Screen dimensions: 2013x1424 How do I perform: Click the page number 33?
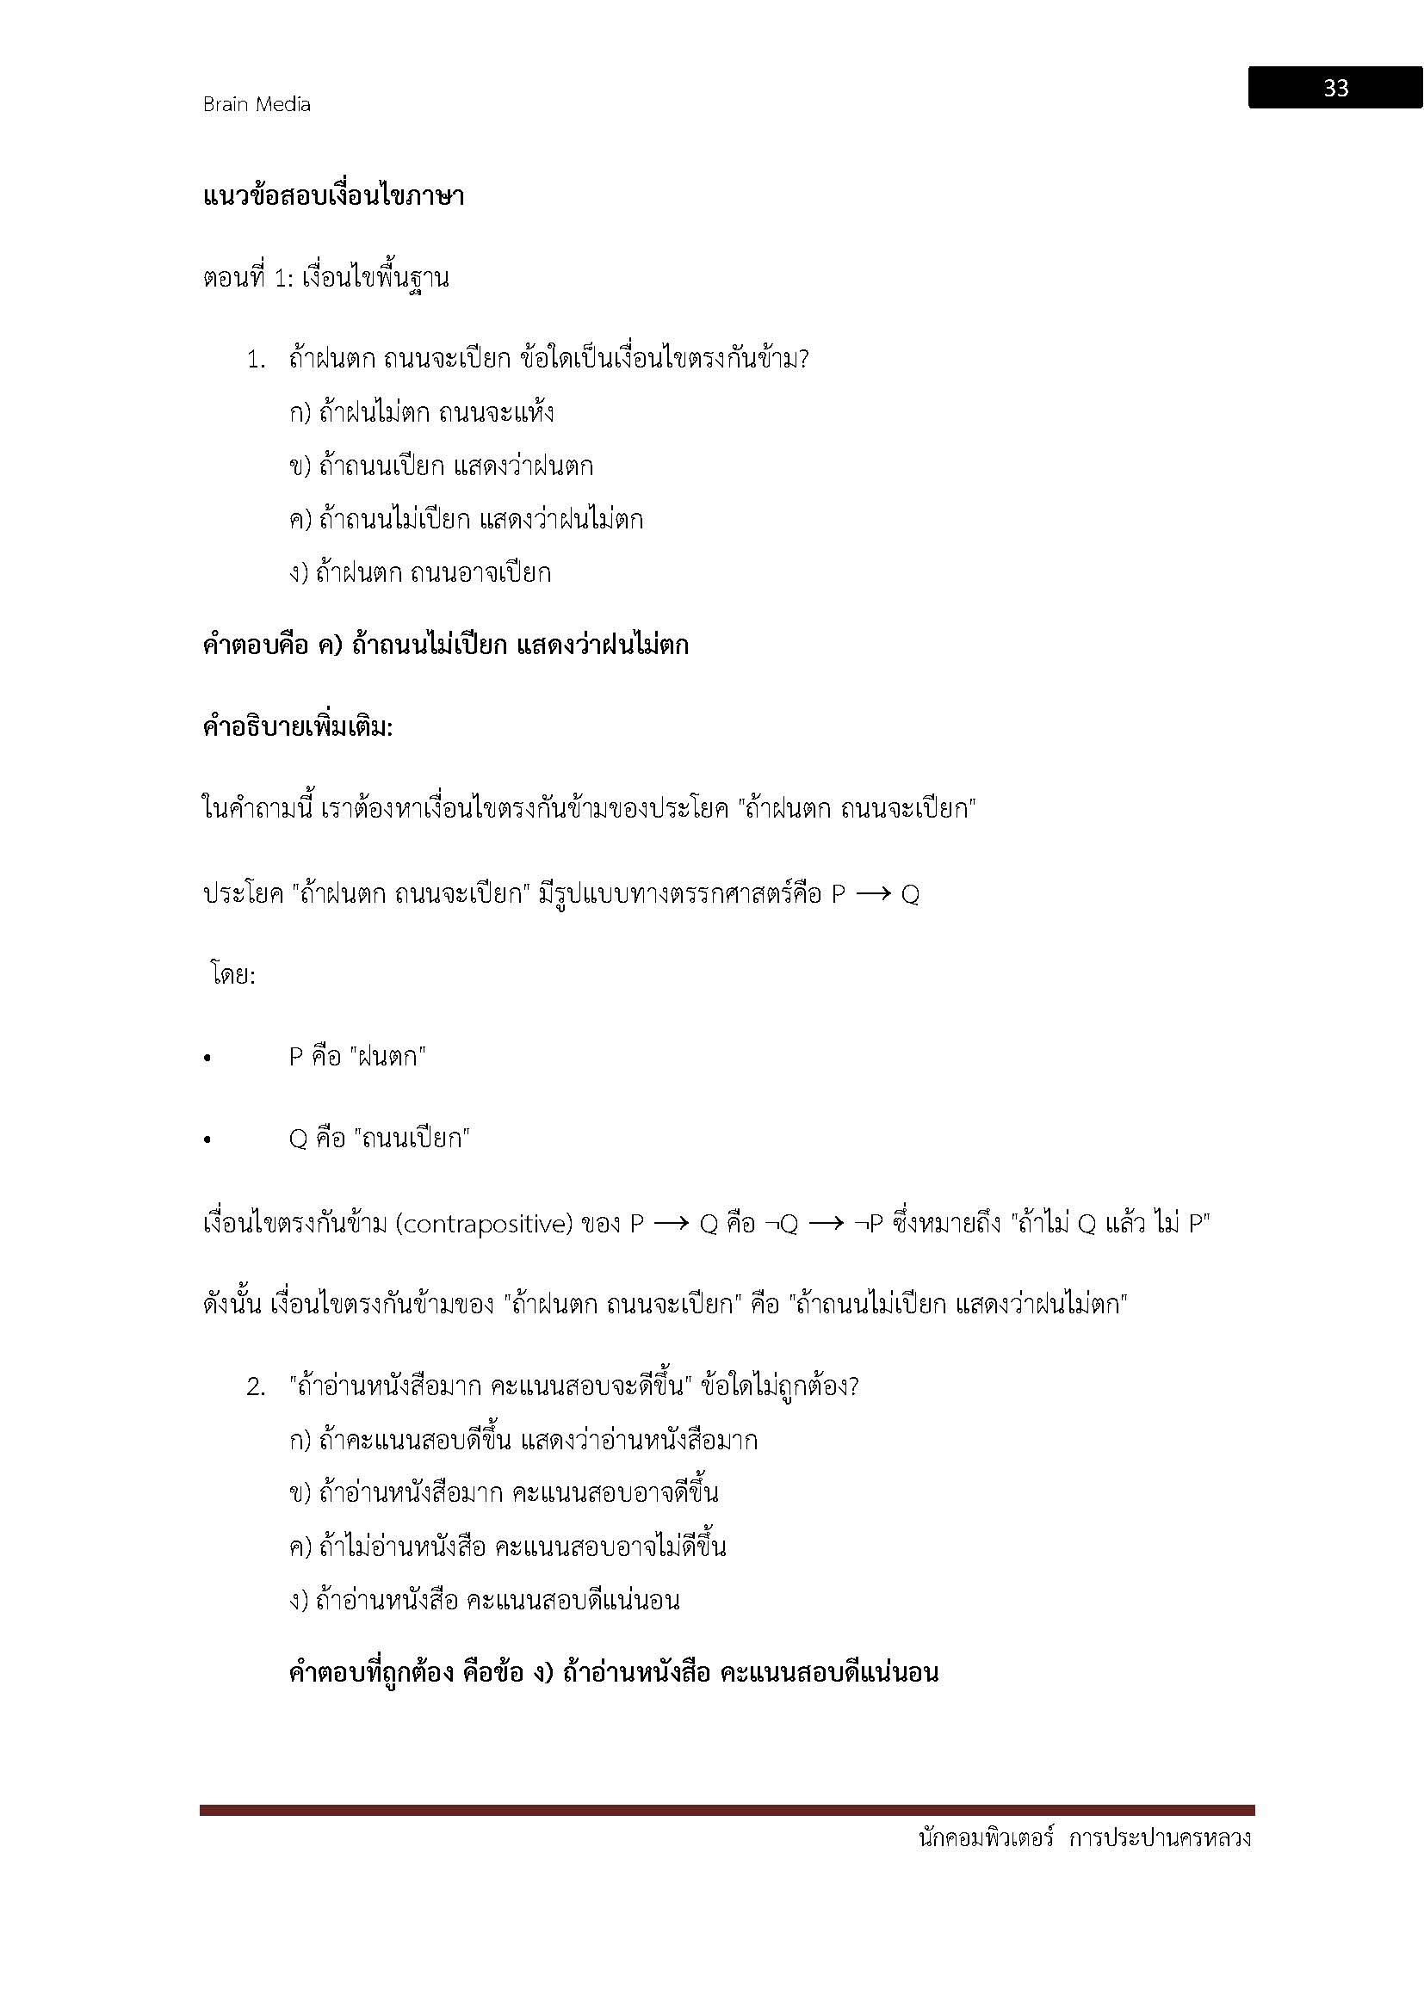[x=1334, y=88]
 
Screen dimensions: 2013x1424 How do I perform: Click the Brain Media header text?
[x=256, y=104]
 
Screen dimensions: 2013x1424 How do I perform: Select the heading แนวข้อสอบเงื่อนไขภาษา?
[x=333, y=195]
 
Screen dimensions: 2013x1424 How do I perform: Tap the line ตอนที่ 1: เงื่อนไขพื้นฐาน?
[x=325, y=278]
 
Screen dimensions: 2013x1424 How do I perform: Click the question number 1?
[x=255, y=361]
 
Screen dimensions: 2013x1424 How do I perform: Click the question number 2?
[x=255, y=1387]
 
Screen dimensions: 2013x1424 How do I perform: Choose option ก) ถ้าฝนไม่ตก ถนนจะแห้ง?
[x=421, y=412]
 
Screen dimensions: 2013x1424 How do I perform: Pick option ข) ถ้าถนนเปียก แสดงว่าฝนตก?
[x=441, y=466]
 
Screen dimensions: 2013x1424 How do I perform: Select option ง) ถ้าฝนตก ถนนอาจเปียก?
[x=420, y=573]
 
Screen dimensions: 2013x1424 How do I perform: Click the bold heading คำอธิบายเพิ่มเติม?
[x=298, y=727]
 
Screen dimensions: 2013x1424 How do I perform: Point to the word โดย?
[x=233, y=975]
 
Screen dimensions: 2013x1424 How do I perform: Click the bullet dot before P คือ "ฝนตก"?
[x=207, y=1059]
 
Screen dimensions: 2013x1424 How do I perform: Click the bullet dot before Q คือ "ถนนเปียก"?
[x=207, y=1140]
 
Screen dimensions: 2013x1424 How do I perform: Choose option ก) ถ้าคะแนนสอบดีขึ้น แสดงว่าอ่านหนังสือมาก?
[x=523, y=1441]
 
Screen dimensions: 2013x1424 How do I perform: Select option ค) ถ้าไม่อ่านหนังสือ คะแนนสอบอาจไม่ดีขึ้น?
[x=507, y=1547]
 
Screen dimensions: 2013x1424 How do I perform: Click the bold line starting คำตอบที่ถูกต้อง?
[x=613, y=1672]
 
